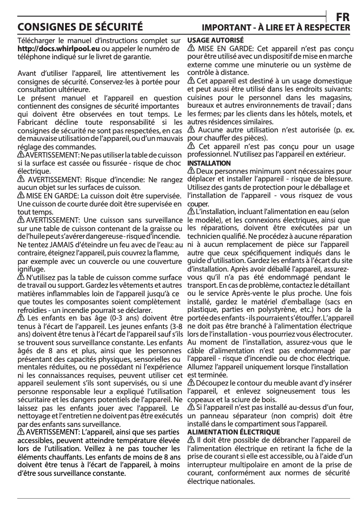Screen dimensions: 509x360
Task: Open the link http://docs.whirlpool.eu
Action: (58, 49)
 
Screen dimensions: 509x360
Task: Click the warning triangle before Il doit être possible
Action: (191, 439)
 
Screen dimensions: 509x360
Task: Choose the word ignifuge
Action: (31, 269)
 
